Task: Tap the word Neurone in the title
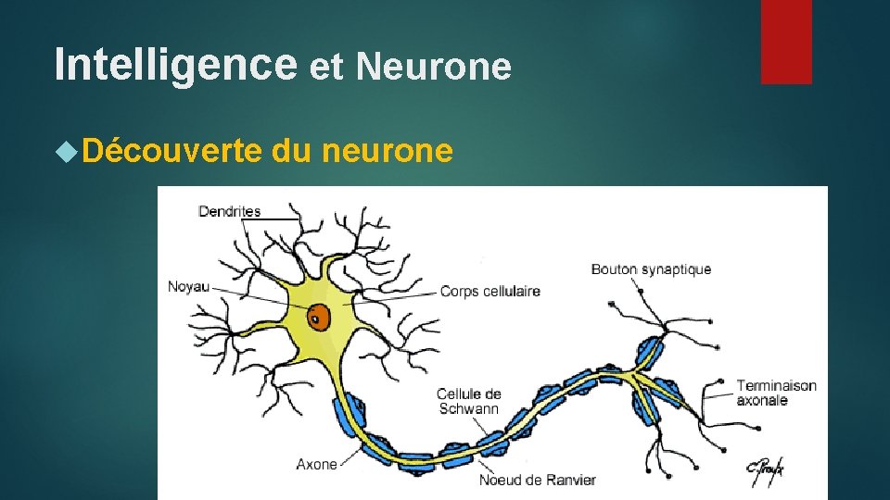pyautogui.click(x=433, y=67)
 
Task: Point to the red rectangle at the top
pyautogui.click(x=786, y=41)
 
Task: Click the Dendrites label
pyautogui.click(x=230, y=211)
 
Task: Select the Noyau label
pyautogui.click(x=188, y=286)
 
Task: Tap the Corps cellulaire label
pyautogui.click(x=489, y=291)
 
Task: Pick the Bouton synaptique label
pyautogui.click(x=651, y=269)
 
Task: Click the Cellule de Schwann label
pyautogui.click(x=468, y=401)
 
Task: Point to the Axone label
pyautogui.click(x=316, y=464)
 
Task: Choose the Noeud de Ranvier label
pyautogui.click(x=537, y=480)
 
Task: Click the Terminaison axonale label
pyautogui.click(x=776, y=393)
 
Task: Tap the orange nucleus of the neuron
pyautogui.click(x=319, y=317)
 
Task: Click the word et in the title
pyautogui.click(x=326, y=67)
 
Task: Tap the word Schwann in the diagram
pyautogui.click(x=468, y=408)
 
